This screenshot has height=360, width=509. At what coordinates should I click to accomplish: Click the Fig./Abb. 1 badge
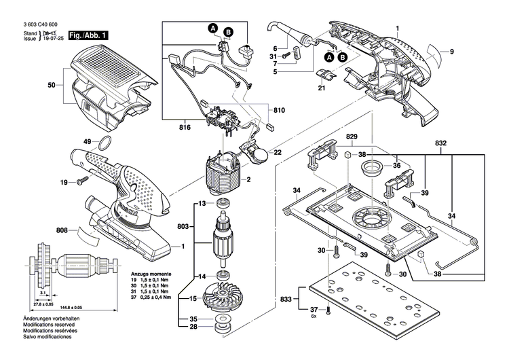click(88, 34)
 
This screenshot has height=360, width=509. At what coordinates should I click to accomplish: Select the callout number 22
click(278, 152)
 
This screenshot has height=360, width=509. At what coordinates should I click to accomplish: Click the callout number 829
click(352, 137)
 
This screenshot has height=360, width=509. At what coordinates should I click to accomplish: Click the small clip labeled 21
click(324, 73)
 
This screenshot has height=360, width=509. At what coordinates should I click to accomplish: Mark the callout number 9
click(452, 51)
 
